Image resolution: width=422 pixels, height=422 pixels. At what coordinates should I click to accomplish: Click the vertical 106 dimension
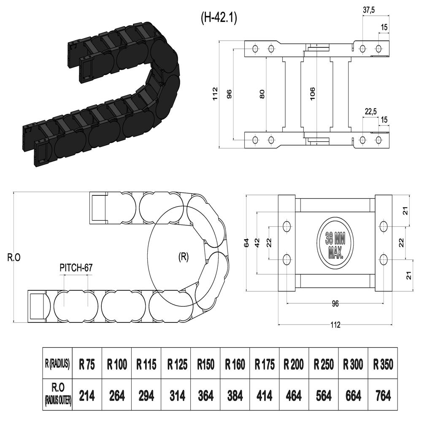pos(312,94)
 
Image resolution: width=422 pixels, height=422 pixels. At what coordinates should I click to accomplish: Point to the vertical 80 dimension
pos(262,94)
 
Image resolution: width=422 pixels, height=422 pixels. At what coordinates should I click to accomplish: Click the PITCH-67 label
pos(76,267)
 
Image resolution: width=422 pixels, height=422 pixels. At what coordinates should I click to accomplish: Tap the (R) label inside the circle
pos(183,257)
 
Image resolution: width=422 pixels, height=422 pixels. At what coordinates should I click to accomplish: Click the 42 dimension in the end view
pos(257,243)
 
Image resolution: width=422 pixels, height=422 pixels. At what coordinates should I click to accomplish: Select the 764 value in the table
pos(382,396)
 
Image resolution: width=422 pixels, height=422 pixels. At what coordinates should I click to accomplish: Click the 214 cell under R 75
pos(87,396)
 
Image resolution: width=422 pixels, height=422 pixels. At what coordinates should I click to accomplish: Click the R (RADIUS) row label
pos(57,363)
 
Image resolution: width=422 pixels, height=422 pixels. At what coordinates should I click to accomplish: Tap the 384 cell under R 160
pos(235,396)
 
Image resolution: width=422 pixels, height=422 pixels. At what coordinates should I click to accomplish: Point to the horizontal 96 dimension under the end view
pos(335,303)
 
